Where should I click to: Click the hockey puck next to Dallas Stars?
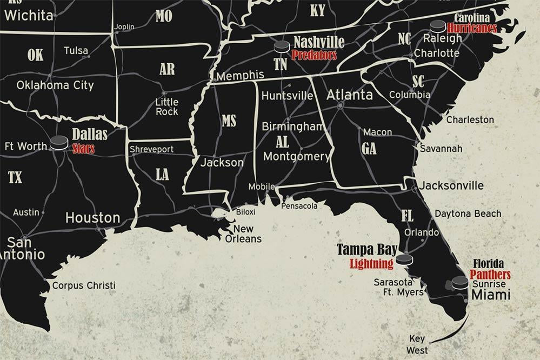pyautogui.click(x=59, y=143)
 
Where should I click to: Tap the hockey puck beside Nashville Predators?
pyautogui.click(x=282, y=47)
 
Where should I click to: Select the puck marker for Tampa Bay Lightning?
pyautogui.click(x=404, y=260)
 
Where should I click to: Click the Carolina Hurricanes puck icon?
pyautogui.click(x=437, y=26)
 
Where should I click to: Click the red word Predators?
pyautogui.click(x=314, y=55)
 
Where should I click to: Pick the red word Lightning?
pyautogui.click(x=371, y=264)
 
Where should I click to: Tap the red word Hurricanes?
pyautogui.click(x=472, y=29)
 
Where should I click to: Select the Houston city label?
pyautogui.click(x=93, y=218)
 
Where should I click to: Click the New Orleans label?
pyautogui.click(x=243, y=234)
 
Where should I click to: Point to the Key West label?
pyautogui.click(x=417, y=344)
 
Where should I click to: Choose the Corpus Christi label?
pyautogui.click(x=84, y=285)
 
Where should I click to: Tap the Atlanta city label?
pyautogui.click(x=349, y=95)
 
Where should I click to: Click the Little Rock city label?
pyautogui.click(x=166, y=106)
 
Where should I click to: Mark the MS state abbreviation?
pyautogui.click(x=229, y=121)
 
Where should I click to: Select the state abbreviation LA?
pyautogui.click(x=162, y=175)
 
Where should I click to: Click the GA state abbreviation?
pyautogui.click(x=369, y=149)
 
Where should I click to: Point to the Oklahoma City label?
pyautogui.click(x=55, y=85)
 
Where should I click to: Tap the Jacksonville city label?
pyautogui.click(x=451, y=185)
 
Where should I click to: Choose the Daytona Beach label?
pyautogui.click(x=468, y=214)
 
